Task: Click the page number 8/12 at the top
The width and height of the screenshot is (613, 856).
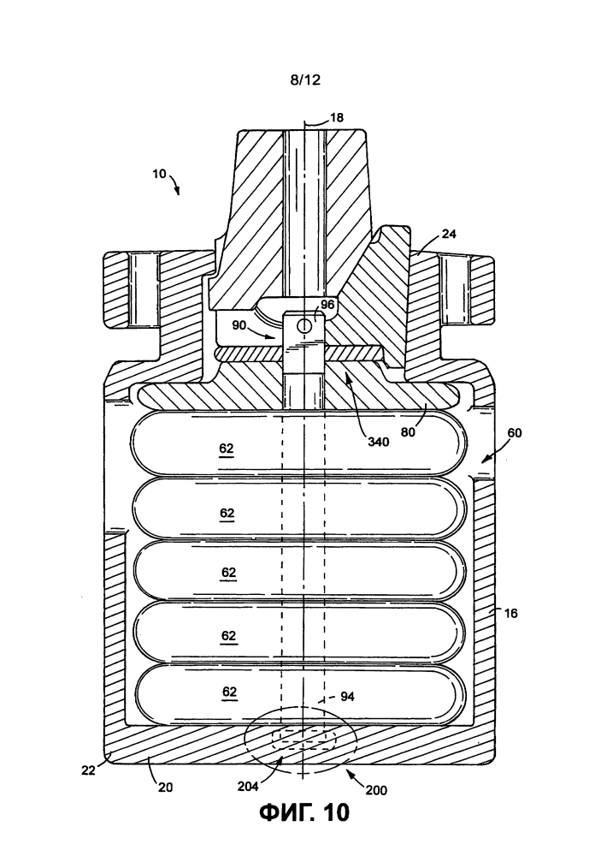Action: pyautogui.click(x=305, y=80)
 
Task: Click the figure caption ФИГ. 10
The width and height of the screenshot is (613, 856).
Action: pyautogui.click(x=304, y=811)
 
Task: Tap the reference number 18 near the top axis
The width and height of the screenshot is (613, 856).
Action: pyautogui.click(x=337, y=117)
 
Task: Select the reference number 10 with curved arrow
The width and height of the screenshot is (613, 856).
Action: pyautogui.click(x=159, y=174)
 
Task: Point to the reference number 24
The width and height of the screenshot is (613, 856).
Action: pyautogui.click(x=449, y=234)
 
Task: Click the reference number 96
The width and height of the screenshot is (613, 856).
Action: pyautogui.click(x=327, y=305)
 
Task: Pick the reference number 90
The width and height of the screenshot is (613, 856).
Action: pyautogui.click(x=239, y=325)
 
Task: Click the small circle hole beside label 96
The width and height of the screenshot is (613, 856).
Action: pyautogui.click(x=304, y=326)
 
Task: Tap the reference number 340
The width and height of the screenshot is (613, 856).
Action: pyautogui.click(x=379, y=441)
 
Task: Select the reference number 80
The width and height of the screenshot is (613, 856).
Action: pyautogui.click(x=408, y=431)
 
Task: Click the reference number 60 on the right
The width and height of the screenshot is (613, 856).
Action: pyautogui.click(x=515, y=433)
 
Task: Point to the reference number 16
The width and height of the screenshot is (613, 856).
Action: pyautogui.click(x=510, y=613)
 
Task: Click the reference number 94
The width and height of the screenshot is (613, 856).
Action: pyautogui.click(x=347, y=696)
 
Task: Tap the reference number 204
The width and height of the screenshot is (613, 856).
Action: pyautogui.click(x=248, y=786)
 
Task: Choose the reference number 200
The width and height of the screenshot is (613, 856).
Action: pyautogui.click(x=376, y=790)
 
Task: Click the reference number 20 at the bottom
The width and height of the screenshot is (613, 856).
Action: pyautogui.click(x=165, y=787)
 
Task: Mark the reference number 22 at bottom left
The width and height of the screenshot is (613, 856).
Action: pyautogui.click(x=88, y=770)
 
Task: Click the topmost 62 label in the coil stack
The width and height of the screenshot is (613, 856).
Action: pyautogui.click(x=227, y=449)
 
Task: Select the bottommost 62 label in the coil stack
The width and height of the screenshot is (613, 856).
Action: pyautogui.click(x=230, y=693)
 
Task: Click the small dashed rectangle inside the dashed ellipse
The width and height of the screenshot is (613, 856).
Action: pyautogui.click(x=304, y=740)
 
